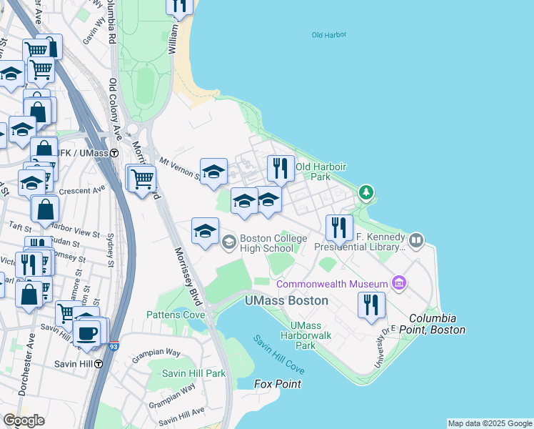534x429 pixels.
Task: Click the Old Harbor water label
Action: [x=328, y=34]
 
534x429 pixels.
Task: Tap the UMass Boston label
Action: [x=287, y=300]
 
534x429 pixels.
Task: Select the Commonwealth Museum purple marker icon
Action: [x=398, y=284]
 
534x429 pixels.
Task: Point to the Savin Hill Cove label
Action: [x=279, y=355]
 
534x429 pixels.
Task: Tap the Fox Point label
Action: [x=278, y=384]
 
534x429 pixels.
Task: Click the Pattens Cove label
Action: [x=176, y=315]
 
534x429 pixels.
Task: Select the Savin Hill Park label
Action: [x=193, y=373]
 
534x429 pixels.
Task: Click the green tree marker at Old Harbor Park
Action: [x=366, y=192]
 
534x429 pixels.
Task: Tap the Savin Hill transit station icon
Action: [x=99, y=363]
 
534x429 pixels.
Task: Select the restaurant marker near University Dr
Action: [x=371, y=305]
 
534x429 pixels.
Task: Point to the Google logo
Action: [x=24, y=420]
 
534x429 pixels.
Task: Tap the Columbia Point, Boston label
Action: [x=437, y=324]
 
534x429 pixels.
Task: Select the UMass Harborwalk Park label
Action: [x=315, y=335]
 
